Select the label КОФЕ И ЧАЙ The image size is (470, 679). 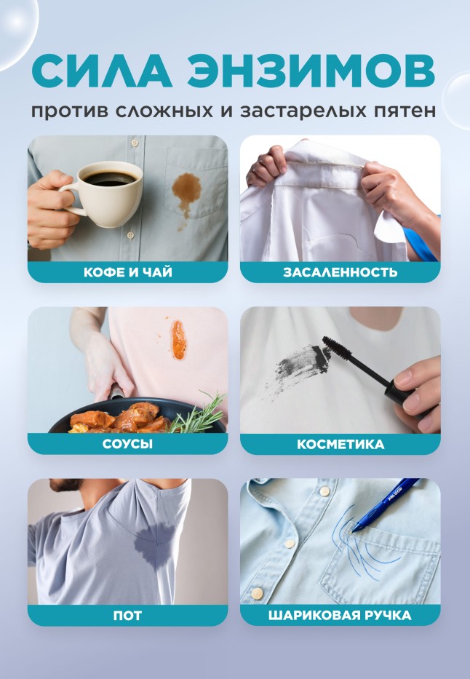tap(127, 272)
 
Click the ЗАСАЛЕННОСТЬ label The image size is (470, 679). tap(340, 272)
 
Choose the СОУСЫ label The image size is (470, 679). tap(127, 444)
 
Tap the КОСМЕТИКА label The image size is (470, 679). tap(340, 444)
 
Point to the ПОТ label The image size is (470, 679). tap(127, 616)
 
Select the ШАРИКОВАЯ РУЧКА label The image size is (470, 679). tap(340, 616)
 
